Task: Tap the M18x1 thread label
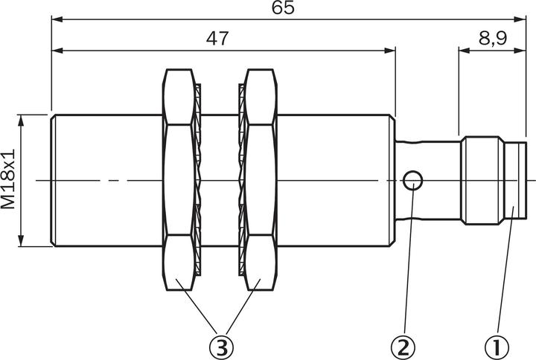point(9,181)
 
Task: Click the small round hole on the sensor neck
point(413,180)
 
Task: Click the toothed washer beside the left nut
point(198,181)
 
